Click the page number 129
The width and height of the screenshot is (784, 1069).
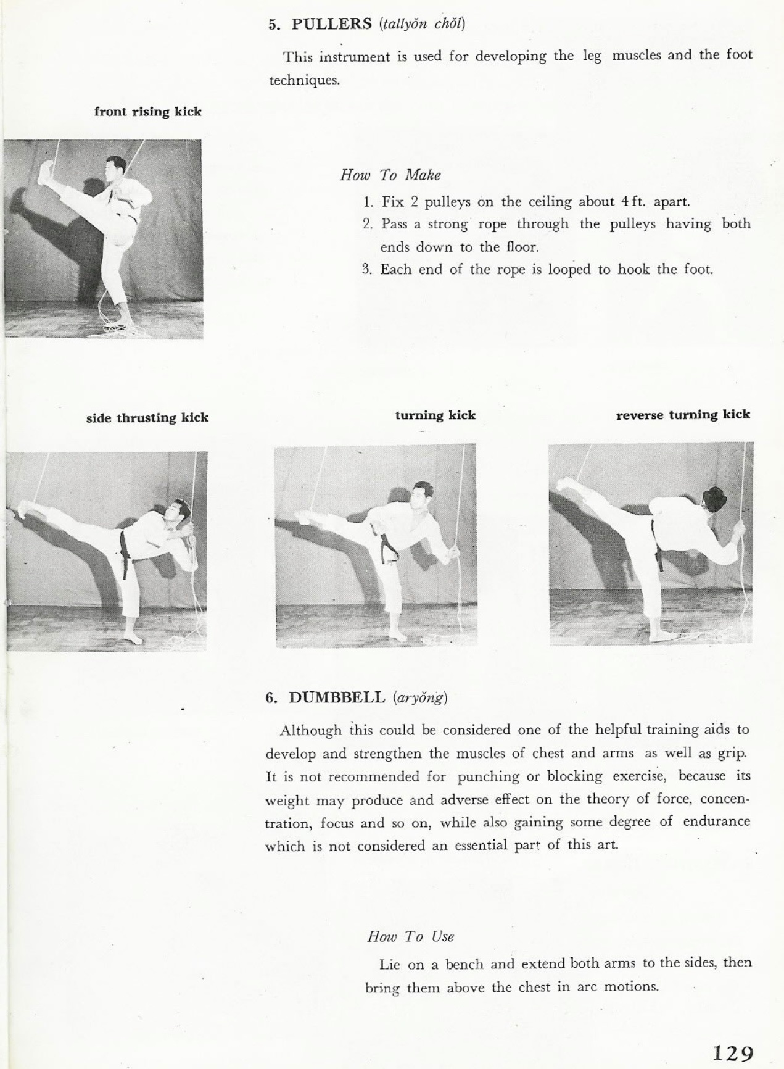tap(733, 1034)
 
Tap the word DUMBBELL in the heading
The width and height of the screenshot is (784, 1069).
tap(337, 697)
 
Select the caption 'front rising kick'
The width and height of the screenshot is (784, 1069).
tap(148, 112)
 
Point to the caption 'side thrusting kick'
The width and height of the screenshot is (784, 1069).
tap(147, 418)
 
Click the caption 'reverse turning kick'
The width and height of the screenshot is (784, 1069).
tap(683, 415)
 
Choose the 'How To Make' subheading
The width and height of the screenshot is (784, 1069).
tap(390, 175)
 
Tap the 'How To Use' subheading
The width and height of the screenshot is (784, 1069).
tap(410, 936)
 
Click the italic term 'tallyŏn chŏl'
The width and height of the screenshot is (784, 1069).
tap(423, 25)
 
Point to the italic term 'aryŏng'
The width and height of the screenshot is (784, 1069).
tap(419, 698)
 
